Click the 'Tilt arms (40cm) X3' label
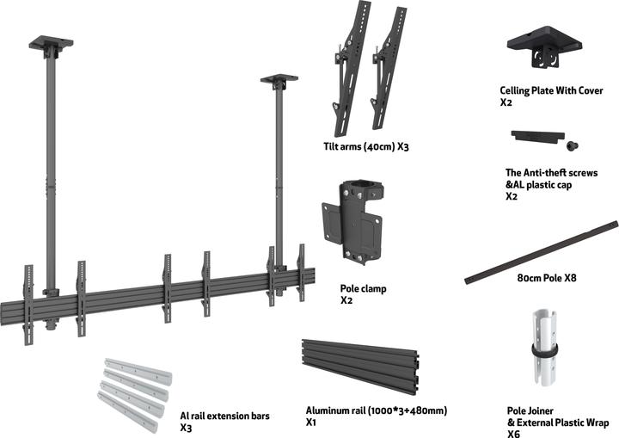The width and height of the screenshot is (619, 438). pyautogui.click(x=360, y=147)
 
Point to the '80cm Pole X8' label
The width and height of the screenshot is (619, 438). pyautogui.click(x=547, y=279)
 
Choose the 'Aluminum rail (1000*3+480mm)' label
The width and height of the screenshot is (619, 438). pyautogui.click(x=377, y=411)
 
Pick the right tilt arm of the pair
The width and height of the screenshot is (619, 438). pyautogui.click(x=389, y=69)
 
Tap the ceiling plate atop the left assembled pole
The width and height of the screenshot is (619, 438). pyautogui.click(x=51, y=42)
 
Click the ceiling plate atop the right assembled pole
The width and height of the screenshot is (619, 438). pyautogui.click(x=279, y=80)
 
